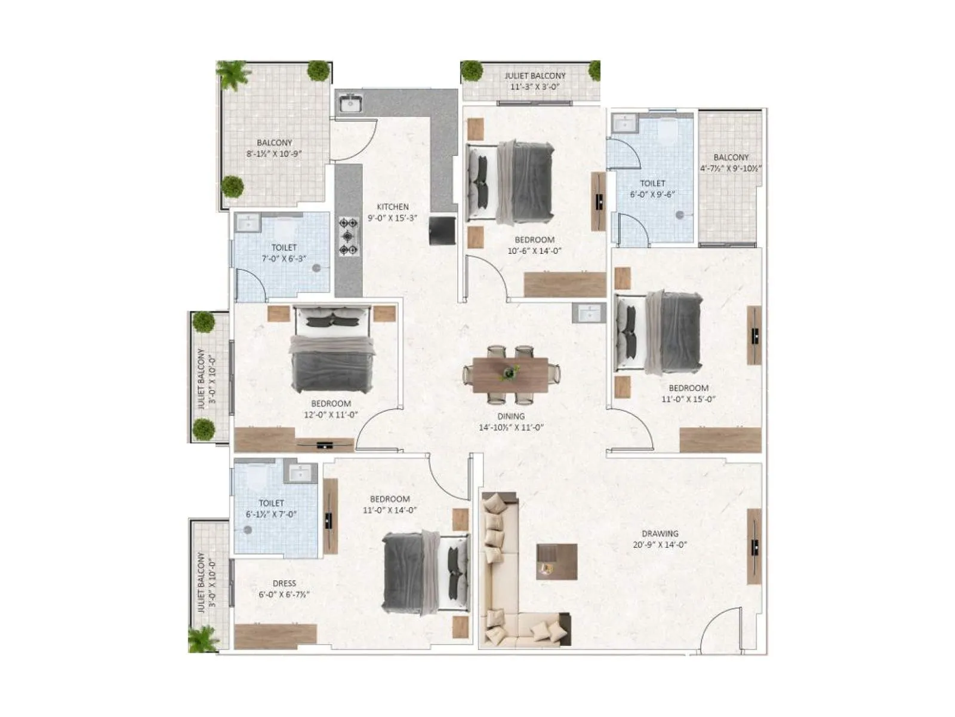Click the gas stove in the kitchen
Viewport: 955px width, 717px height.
(x=349, y=237)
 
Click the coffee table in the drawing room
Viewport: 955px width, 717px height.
(x=556, y=561)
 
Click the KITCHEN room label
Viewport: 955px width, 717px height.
(x=392, y=207)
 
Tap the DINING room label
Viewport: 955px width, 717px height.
(x=511, y=416)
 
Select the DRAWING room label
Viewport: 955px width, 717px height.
(x=660, y=534)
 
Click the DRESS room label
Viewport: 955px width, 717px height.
(x=284, y=584)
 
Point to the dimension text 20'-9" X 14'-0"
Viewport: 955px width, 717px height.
(x=660, y=545)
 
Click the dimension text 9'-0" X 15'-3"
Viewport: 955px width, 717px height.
(x=392, y=218)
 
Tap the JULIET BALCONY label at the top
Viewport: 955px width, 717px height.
(x=535, y=76)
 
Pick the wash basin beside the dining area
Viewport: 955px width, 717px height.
(x=589, y=312)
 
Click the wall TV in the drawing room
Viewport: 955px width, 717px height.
(x=755, y=546)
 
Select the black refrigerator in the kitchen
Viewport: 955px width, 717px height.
(x=442, y=230)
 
